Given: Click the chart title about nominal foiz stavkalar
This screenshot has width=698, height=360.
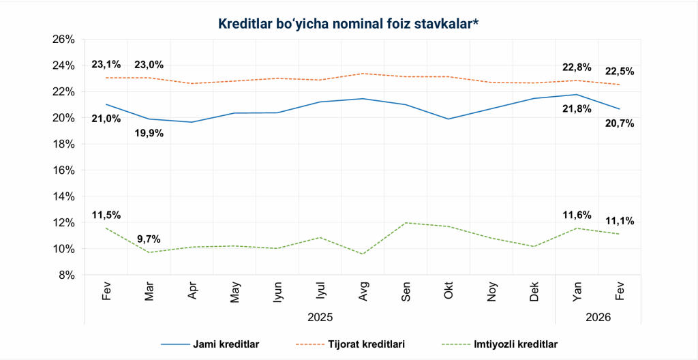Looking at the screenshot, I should [x=349, y=24].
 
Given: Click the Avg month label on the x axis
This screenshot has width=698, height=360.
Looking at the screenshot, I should [x=363, y=292].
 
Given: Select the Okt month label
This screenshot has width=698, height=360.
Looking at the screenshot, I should [x=449, y=292].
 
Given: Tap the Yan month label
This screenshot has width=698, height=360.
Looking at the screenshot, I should [x=577, y=292].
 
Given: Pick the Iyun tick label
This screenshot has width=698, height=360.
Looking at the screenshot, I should [x=277, y=292].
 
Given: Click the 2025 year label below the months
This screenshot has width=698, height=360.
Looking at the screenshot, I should [x=320, y=318].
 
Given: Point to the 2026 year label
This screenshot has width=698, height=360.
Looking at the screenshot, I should [x=598, y=318].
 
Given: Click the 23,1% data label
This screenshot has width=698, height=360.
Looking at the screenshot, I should [x=106, y=65].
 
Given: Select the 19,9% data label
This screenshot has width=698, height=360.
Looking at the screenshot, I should [x=149, y=133].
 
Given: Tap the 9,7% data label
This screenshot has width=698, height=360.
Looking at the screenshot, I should [x=149, y=239].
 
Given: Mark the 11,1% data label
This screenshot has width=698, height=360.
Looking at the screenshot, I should [x=620, y=221].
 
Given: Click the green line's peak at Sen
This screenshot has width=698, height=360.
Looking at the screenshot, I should [x=406, y=223].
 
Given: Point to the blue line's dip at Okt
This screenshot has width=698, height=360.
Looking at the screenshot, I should [x=449, y=119].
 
